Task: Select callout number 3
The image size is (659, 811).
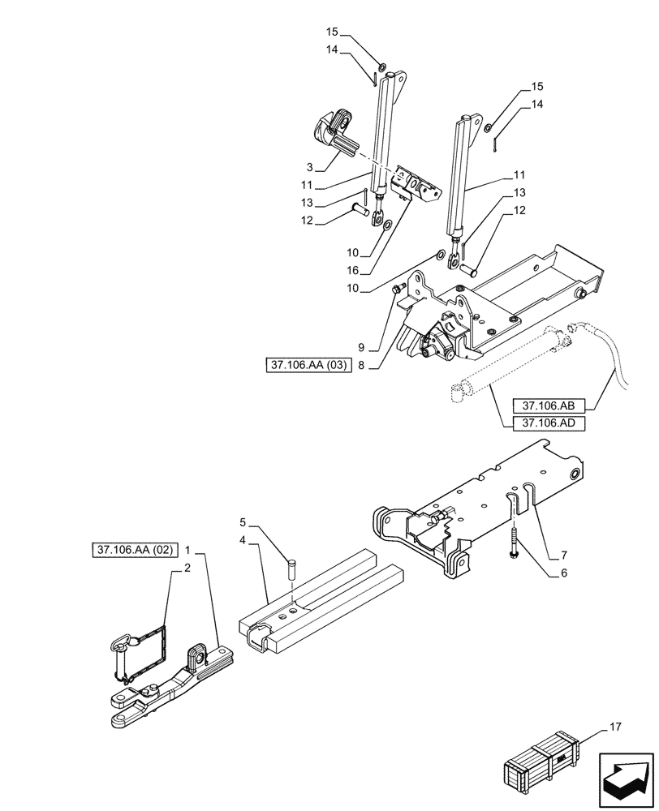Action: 310,167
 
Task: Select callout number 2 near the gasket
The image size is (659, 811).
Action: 187,569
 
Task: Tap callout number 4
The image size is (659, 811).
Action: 243,539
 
